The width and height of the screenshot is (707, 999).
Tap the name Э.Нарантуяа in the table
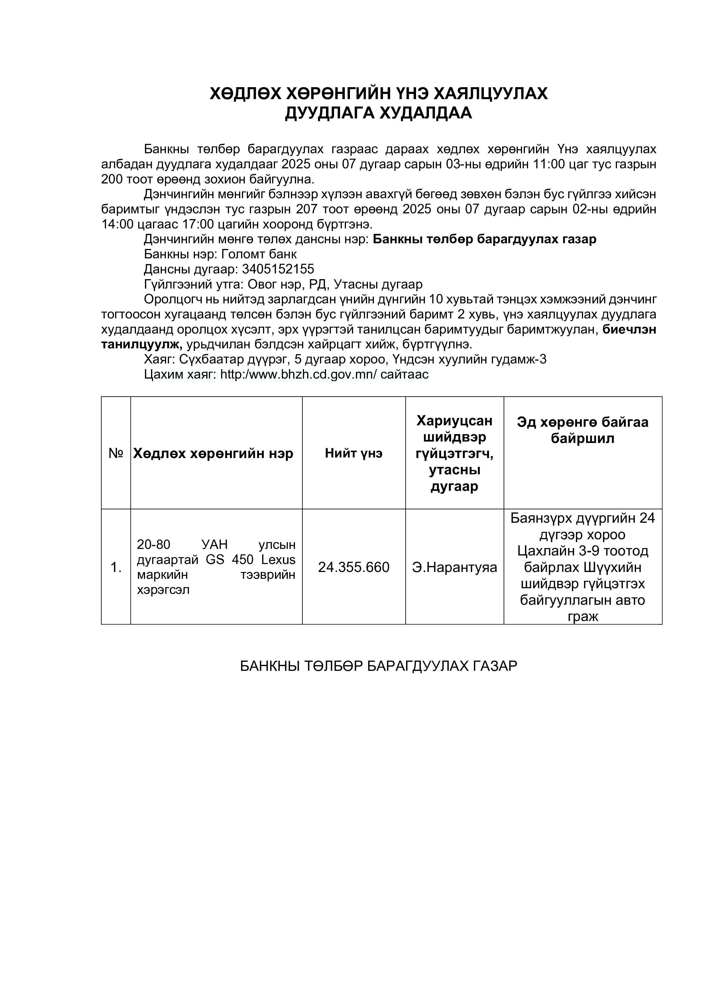click(x=455, y=567)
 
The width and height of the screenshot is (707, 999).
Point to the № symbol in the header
click(x=116, y=453)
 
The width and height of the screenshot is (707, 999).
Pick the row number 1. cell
click(x=116, y=567)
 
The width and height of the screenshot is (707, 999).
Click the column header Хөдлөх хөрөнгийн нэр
click(x=213, y=453)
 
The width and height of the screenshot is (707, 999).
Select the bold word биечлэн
click(x=629, y=329)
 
